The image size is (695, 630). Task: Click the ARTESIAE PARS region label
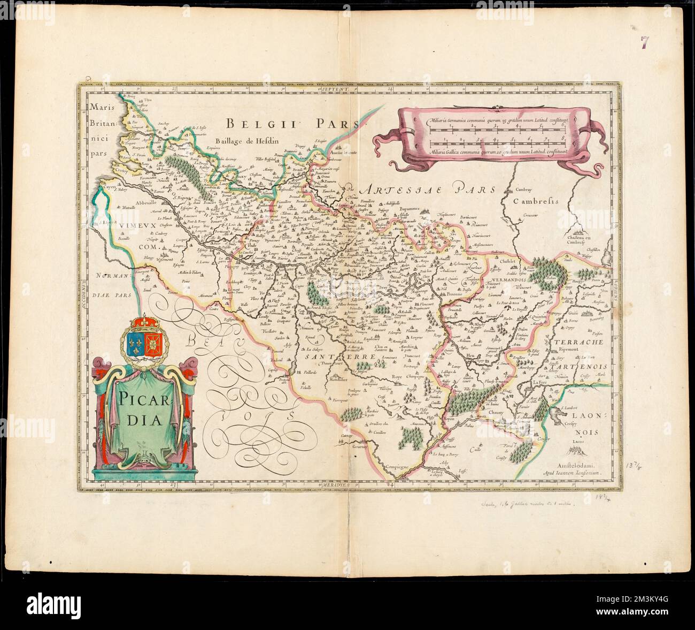click(428, 188)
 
